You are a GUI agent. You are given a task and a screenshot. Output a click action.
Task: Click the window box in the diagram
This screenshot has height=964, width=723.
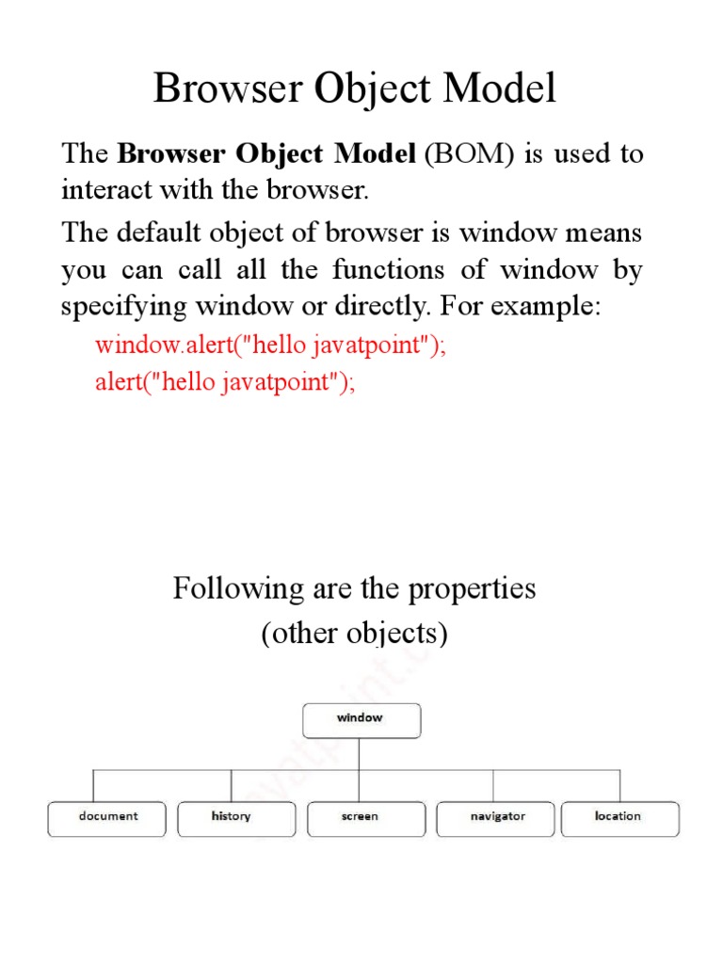coord(361,718)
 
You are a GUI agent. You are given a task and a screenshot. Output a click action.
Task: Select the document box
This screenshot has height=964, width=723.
coord(107,817)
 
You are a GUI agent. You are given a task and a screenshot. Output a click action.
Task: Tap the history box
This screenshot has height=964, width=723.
coord(232,817)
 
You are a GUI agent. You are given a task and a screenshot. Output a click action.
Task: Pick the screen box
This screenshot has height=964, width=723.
coord(360,817)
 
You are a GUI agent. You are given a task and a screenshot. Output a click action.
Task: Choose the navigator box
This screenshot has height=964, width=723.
coord(497,817)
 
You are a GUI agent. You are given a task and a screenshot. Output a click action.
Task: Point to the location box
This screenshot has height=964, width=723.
coord(619,817)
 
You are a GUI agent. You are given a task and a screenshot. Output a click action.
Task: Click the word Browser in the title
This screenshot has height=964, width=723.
coord(222,89)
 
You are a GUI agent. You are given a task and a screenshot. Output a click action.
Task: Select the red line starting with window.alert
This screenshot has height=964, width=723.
coord(270,345)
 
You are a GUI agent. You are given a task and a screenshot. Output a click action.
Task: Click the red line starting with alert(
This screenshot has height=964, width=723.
coord(226,384)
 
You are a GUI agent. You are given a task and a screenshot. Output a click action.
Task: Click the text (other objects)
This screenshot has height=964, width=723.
coord(354,634)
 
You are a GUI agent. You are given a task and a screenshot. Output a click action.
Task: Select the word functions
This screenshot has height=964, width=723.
coord(388,270)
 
